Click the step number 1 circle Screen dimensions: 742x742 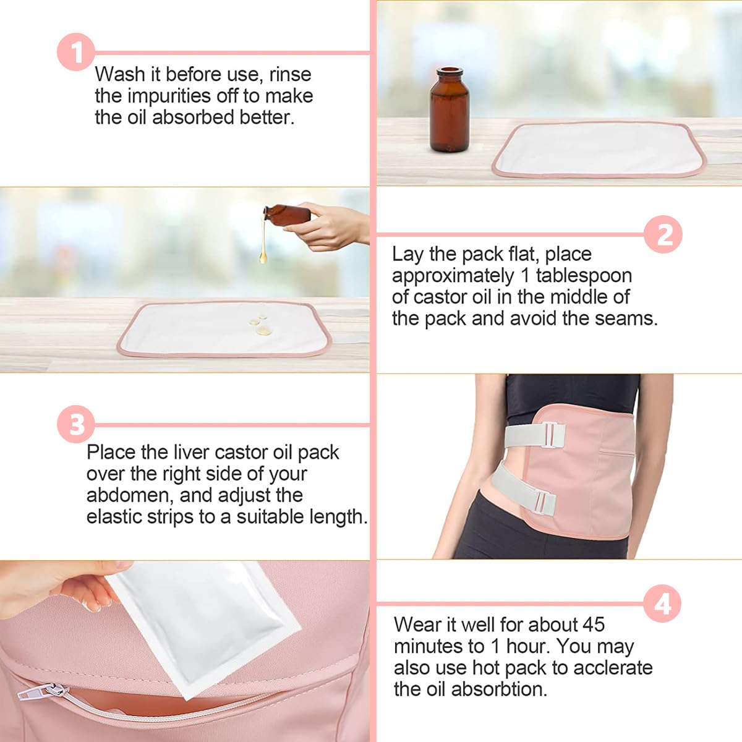click(76, 52)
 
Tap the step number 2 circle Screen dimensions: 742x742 click(663, 234)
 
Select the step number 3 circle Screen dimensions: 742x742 click(76, 424)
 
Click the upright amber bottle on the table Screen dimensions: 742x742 click(449, 111)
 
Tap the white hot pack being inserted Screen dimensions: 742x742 click(204, 625)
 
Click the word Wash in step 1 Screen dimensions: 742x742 click(119, 74)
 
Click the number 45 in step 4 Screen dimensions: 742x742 click(592, 625)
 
